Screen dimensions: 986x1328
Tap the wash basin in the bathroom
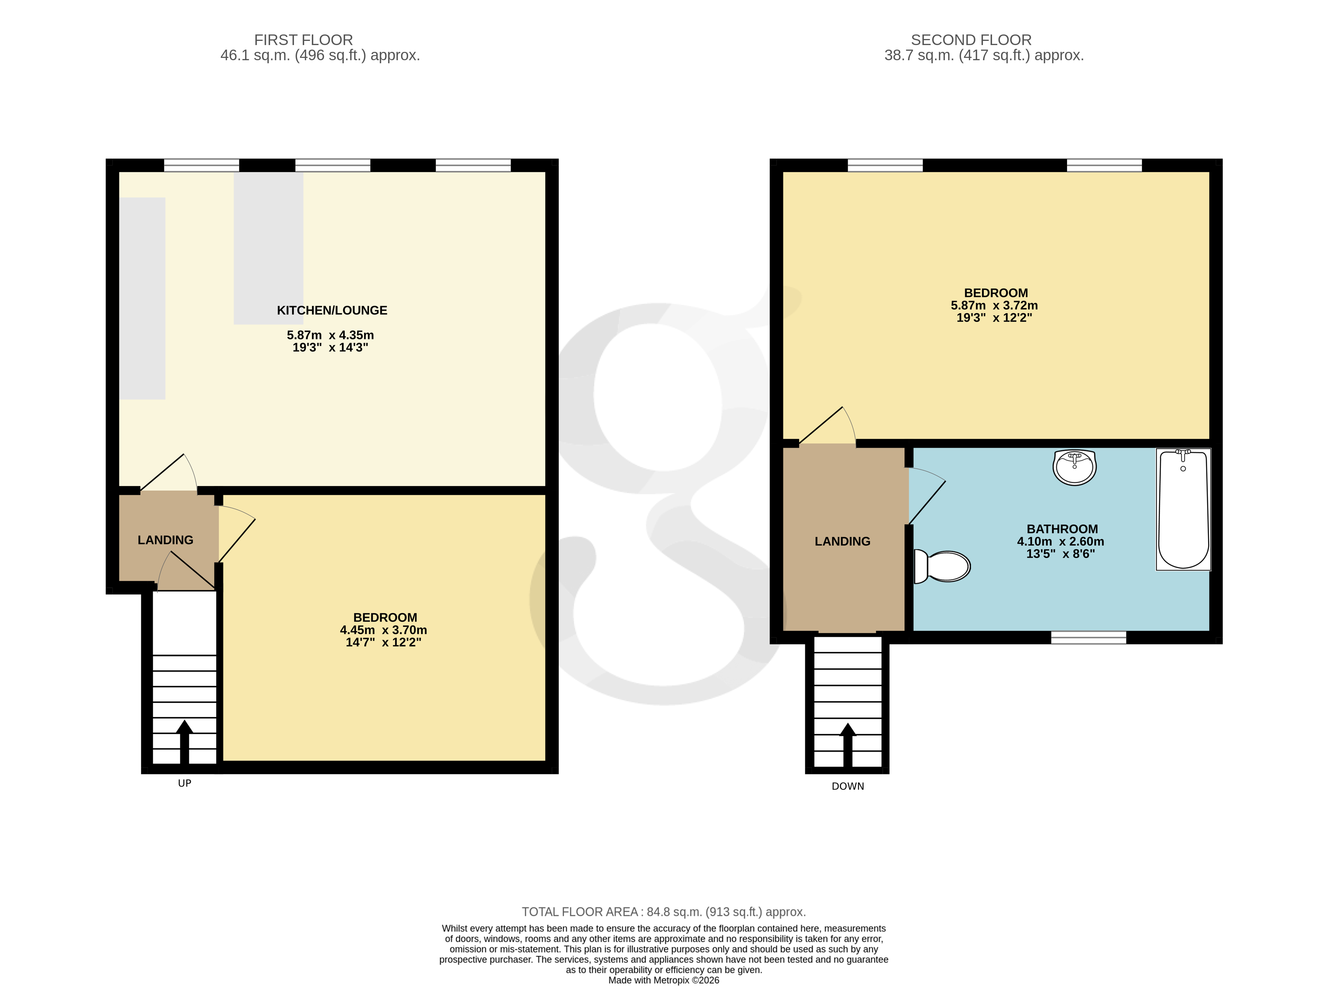1074,467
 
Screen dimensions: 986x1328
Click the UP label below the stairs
184,783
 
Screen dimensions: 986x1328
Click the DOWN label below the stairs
848,786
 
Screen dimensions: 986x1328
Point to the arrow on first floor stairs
184,740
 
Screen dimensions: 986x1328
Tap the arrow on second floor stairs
848,743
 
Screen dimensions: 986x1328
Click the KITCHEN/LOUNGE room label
332,310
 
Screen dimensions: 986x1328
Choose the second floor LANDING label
842,541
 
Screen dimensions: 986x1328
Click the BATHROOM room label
1062,529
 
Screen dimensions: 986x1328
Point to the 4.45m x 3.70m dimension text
383,630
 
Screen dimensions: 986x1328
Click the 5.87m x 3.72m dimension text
994,305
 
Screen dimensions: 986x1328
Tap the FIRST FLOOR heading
303,40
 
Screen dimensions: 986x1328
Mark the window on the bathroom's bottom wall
1088,638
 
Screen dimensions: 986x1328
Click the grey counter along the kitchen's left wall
142,298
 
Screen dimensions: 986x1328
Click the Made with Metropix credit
664,980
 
